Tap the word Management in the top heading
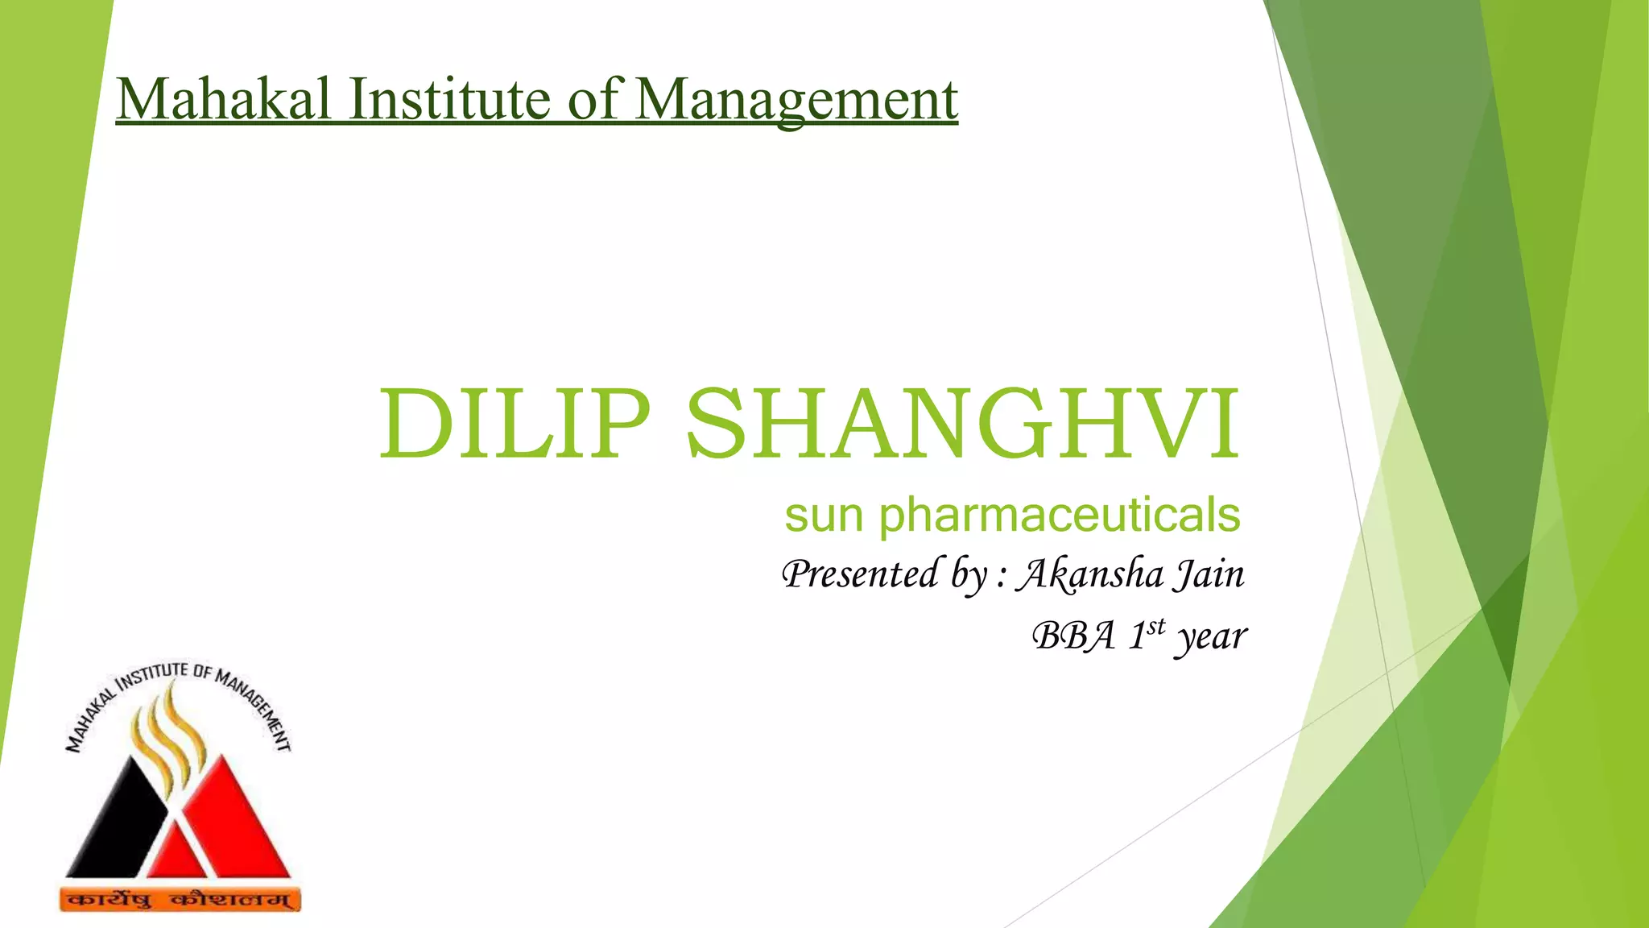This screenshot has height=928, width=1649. [796, 101]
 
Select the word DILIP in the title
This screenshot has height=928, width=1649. [514, 424]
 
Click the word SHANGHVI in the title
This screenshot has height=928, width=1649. [963, 424]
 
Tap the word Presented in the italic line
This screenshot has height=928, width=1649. [860, 574]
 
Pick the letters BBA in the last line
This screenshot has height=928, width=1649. [1073, 636]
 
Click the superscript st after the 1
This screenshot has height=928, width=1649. [1156, 626]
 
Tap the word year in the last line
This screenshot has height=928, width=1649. [1211, 638]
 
